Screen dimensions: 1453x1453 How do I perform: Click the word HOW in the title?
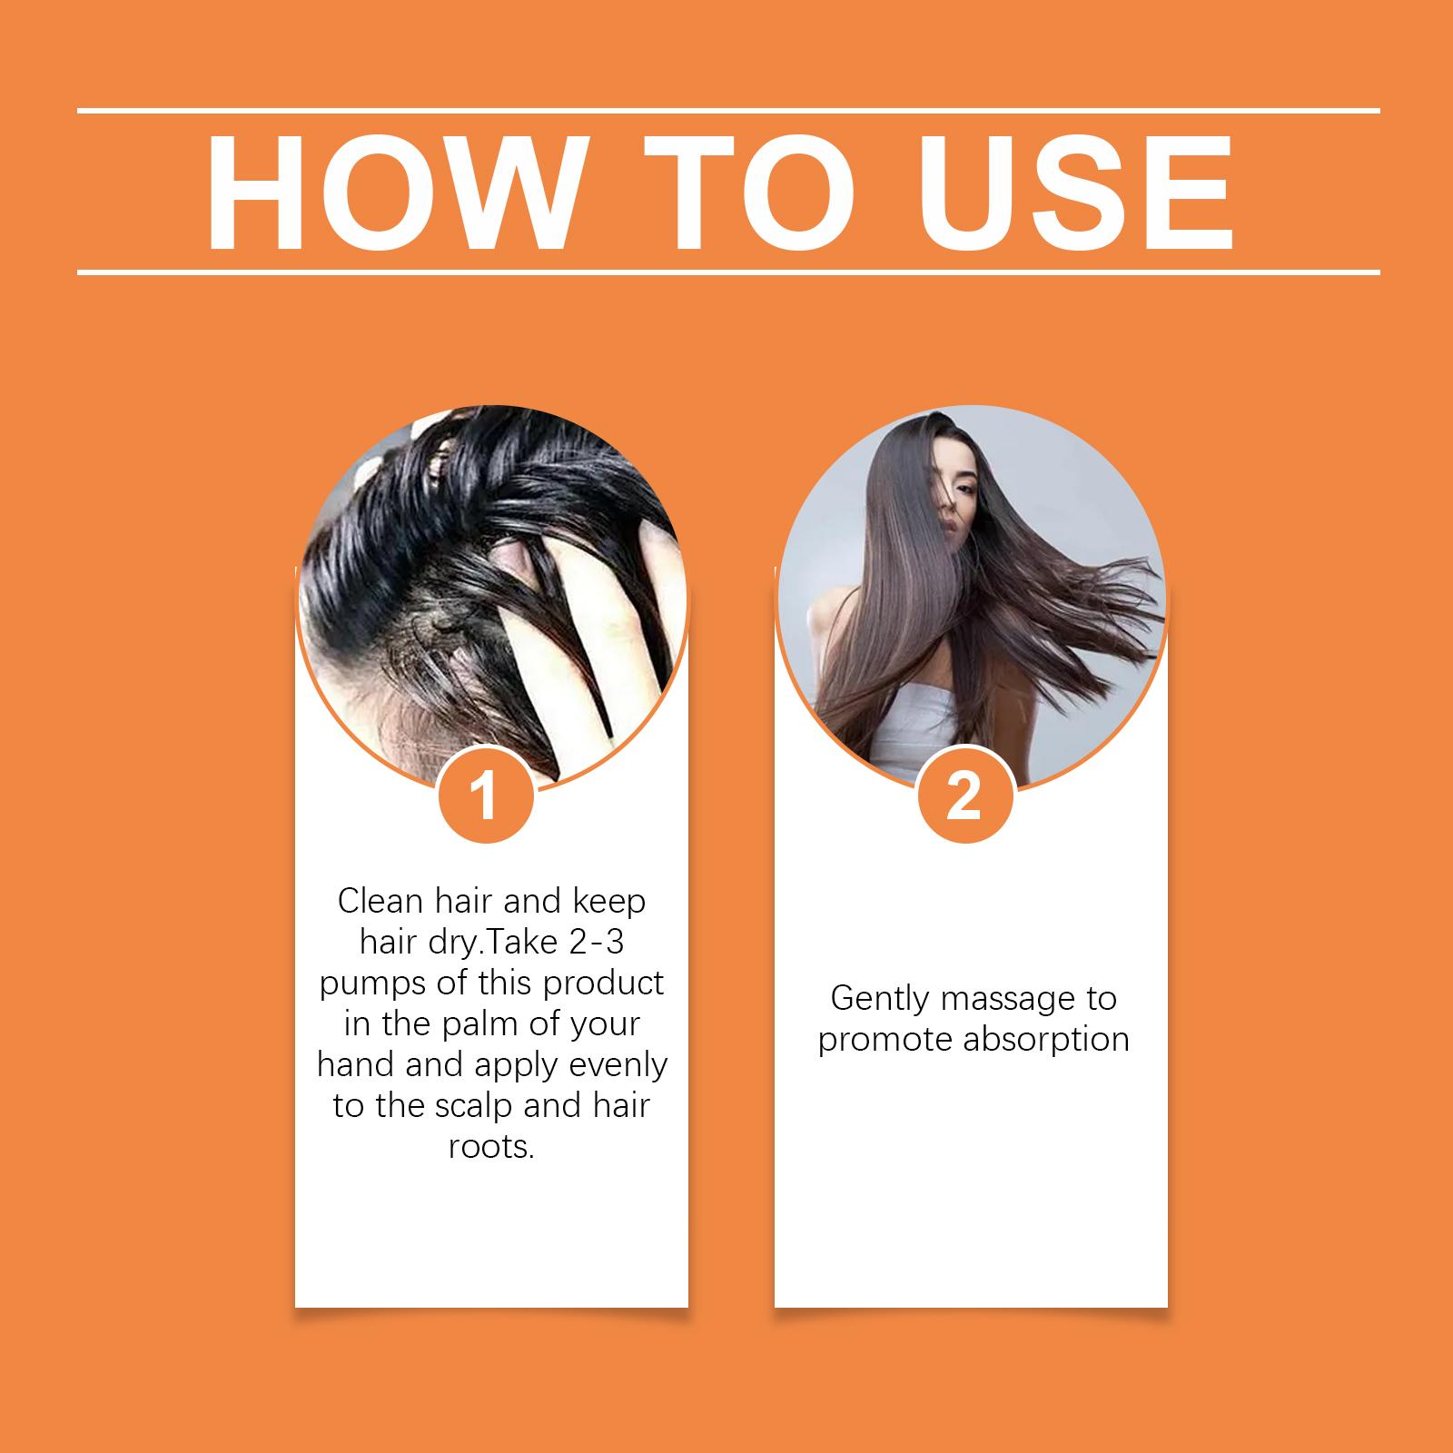(392, 193)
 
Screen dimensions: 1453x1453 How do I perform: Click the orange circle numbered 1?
(486, 796)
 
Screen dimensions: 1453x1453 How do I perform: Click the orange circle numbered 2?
(964, 796)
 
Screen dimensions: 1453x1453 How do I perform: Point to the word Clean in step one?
(381, 902)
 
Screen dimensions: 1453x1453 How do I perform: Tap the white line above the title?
(728, 111)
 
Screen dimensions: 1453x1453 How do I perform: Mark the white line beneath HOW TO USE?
(728, 271)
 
